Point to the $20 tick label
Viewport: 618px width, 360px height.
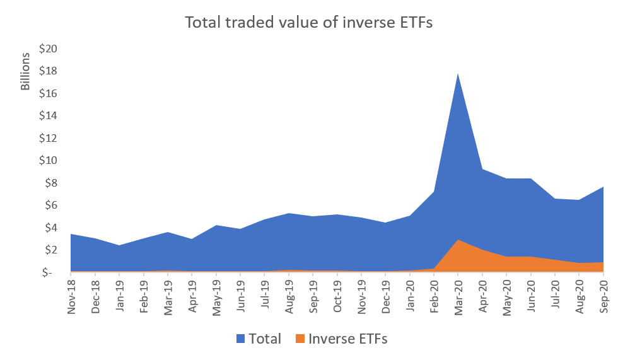point(50,49)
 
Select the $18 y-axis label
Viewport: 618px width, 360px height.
point(50,71)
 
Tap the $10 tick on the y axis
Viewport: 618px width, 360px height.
point(50,161)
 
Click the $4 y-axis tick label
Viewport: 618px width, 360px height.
point(52,228)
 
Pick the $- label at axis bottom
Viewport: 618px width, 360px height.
point(52,272)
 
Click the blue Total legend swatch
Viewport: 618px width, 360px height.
point(242,339)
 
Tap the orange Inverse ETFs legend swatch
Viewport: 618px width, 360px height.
point(299,339)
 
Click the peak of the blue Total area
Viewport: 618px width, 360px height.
point(458,74)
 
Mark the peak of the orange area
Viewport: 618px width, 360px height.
point(458,240)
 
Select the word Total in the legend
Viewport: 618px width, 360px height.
point(264,339)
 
